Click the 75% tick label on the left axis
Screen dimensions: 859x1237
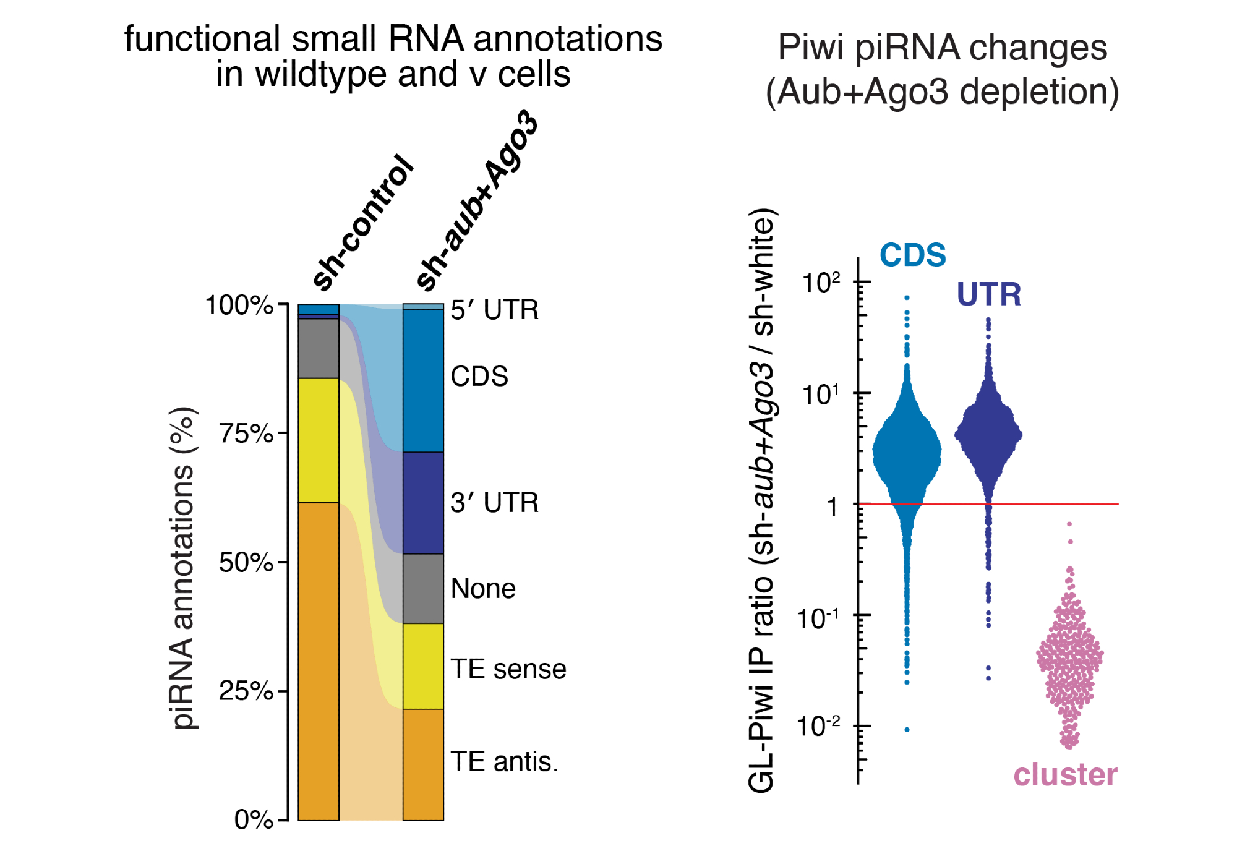(x=246, y=434)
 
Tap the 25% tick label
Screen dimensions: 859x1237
(x=246, y=691)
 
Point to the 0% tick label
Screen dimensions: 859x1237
(x=254, y=820)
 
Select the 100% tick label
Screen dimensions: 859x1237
(x=239, y=306)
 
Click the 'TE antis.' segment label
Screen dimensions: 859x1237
(x=504, y=762)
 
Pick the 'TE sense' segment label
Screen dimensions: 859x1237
(x=508, y=669)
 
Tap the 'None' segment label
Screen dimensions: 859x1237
(x=483, y=589)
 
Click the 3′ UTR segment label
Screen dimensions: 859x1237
(x=494, y=503)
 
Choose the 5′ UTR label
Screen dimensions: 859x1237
(x=494, y=310)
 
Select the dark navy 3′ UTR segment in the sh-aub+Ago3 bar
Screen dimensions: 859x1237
(x=423, y=503)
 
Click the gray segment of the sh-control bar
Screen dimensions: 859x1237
(x=319, y=348)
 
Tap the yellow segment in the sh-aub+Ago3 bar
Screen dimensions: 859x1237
(x=423, y=666)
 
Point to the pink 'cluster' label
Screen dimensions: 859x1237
(x=1065, y=775)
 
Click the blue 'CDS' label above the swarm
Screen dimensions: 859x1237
(x=913, y=255)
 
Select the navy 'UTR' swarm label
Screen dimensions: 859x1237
(x=988, y=294)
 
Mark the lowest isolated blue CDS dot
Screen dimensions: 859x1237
(x=907, y=730)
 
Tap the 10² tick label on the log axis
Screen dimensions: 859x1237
(x=821, y=283)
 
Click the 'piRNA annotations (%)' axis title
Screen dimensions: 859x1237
(x=183, y=568)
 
